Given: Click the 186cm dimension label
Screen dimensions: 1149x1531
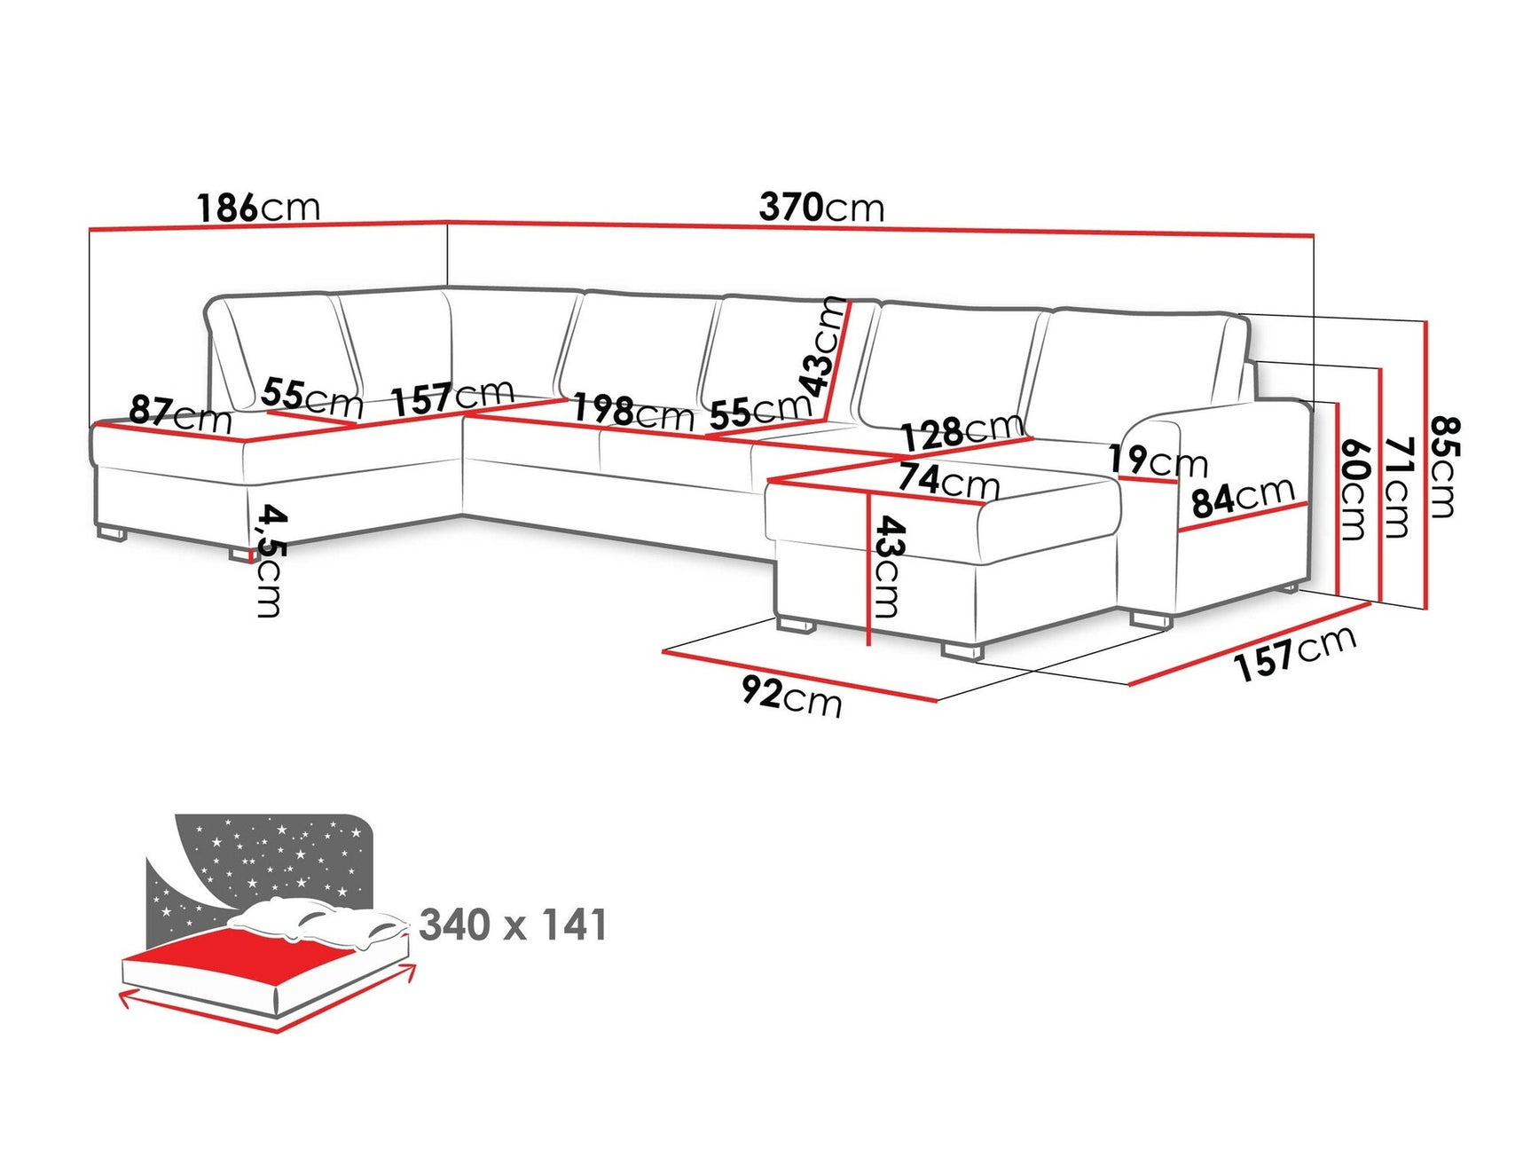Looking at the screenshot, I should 258,208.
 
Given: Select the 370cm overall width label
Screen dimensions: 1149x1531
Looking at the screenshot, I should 821,208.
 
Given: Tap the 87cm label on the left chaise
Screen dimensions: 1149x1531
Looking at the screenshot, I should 180,413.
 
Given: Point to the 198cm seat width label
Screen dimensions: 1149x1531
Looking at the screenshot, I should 632,412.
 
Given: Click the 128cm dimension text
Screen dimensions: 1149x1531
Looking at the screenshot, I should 963,432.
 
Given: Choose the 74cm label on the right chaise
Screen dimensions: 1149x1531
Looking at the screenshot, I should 948,480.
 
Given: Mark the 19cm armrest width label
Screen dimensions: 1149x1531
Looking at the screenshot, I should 1158,460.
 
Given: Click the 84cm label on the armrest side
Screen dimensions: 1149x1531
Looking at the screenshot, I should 1243,497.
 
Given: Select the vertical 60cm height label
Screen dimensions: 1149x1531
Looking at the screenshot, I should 1354,489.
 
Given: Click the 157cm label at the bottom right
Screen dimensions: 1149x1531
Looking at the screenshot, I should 1295,652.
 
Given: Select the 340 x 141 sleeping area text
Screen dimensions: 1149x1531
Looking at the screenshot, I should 514,925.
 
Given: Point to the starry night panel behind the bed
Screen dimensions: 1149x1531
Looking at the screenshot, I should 266,852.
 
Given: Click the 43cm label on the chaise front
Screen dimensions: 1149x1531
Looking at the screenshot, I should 888,567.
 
